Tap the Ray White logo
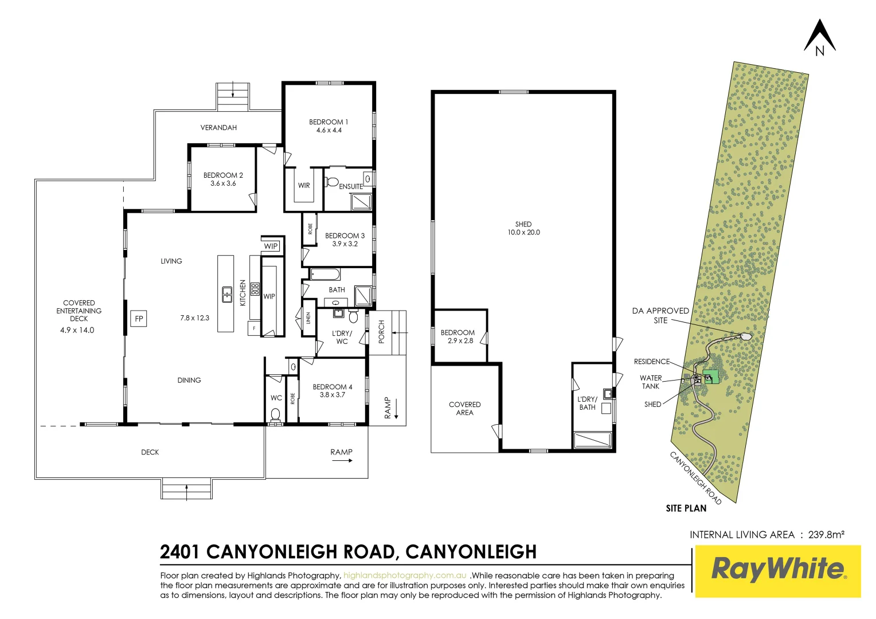coord(778,571)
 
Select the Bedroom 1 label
coord(328,122)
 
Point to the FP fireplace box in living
coord(139,319)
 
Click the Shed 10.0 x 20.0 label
coord(523,228)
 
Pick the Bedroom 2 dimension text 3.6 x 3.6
coord(223,183)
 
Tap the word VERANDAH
coord(218,127)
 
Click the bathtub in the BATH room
coord(325,275)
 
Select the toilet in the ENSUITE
coord(332,182)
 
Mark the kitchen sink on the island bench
coord(227,293)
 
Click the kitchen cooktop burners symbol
coord(255,289)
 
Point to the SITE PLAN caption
coord(686,508)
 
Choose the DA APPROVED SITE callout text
coord(660,315)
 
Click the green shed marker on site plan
coord(711,377)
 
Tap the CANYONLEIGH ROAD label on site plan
coord(695,477)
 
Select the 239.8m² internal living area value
coord(826,535)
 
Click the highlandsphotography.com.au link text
coord(405,575)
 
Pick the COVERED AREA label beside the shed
coord(464,408)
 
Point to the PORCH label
coord(382,332)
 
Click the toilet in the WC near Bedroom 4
coord(276,414)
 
